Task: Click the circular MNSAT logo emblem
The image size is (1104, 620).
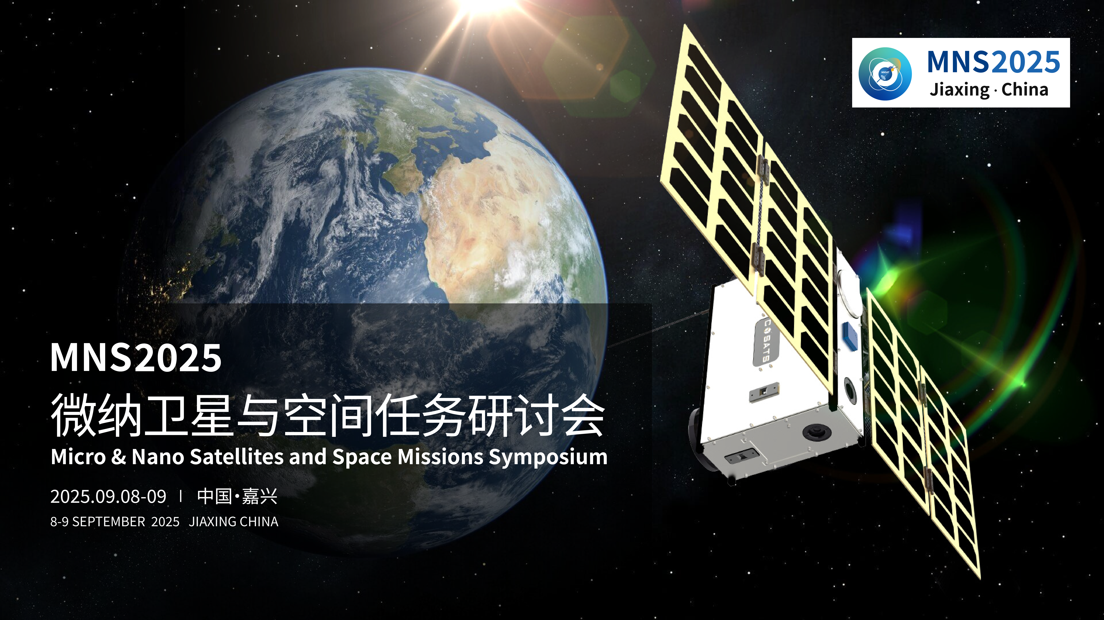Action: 885,74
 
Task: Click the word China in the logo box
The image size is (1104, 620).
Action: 1025,89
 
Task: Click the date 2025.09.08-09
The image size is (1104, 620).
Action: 108,497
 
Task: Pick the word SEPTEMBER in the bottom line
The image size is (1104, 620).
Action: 109,522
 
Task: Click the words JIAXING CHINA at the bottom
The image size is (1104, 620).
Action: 234,522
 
